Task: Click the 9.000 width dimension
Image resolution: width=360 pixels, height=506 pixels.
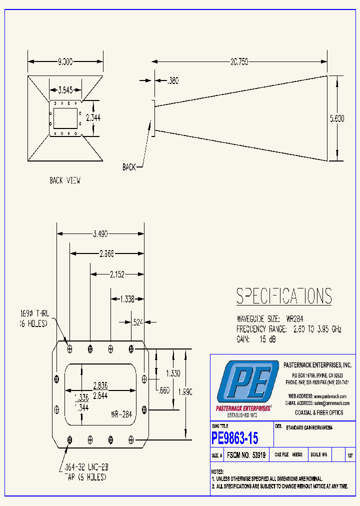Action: [65, 61]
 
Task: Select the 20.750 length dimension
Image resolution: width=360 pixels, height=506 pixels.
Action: [238, 61]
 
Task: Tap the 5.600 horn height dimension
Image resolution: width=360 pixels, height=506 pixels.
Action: [336, 118]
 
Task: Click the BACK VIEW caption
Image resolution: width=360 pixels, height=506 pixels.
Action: [65, 180]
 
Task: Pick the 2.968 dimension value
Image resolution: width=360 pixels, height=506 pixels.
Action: [106, 253]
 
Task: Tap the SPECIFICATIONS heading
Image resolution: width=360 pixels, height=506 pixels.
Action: [283, 296]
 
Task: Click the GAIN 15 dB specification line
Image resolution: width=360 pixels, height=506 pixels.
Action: [255, 339]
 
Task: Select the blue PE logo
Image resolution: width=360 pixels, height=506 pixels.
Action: [247, 383]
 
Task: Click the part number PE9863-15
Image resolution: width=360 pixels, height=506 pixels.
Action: [235, 438]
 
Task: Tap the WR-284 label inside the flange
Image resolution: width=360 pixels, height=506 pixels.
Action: [121, 414]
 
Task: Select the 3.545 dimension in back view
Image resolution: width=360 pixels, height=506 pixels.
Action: [64, 90]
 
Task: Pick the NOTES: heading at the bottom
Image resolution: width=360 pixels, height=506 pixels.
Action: [217, 471]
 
